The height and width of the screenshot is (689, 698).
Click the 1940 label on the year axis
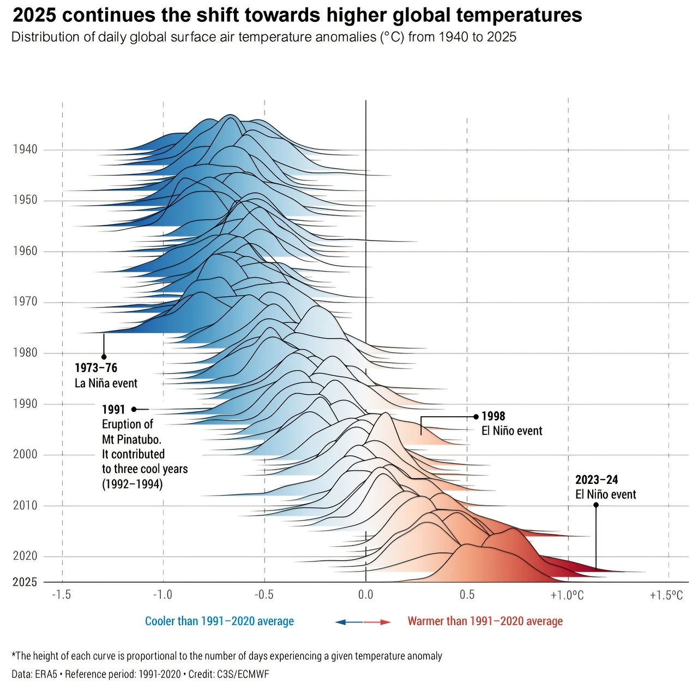[x=25, y=149]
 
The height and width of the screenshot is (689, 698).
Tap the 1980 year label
[x=25, y=353]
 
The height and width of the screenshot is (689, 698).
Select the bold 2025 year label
[x=25, y=582]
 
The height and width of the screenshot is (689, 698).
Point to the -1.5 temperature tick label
[x=61, y=595]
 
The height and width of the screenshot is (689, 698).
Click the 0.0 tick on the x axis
[x=365, y=595]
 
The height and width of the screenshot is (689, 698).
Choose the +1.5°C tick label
[x=666, y=595]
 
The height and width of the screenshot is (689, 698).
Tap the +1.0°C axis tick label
[x=567, y=595]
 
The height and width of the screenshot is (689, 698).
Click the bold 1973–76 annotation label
[x=96, y=368]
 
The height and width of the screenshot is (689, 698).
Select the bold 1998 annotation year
[x=493, y=416]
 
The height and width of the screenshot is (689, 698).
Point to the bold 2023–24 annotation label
[x=597, y=480]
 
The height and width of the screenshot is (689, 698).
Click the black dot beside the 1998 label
[x=476, y=417]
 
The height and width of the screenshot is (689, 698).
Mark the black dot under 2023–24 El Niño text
[x=596, y=505]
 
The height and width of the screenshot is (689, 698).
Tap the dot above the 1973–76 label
[x=104, y=357]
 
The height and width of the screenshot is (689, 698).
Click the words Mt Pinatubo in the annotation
[x=131, y=439]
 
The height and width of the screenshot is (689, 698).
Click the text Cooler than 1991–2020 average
[x=219, y=621]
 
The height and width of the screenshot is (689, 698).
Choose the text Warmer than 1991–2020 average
[x=485, y=621]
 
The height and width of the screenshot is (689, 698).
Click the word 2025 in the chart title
[x=34, y=15]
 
